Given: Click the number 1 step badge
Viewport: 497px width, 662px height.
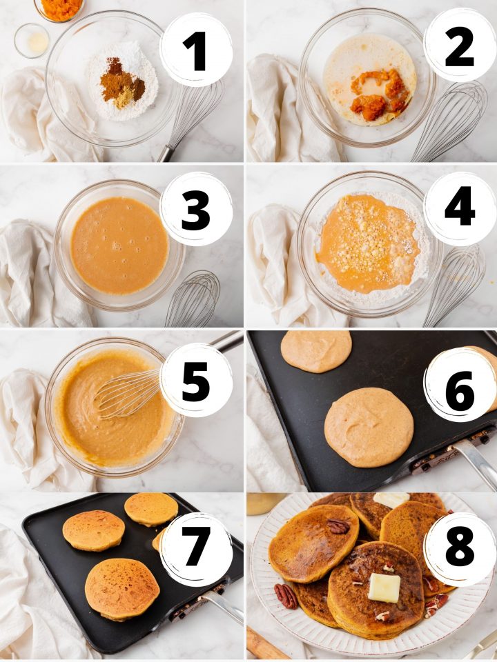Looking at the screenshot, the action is click(x=196, y=50).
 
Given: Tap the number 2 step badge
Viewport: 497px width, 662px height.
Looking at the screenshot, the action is click(x=460, y=46).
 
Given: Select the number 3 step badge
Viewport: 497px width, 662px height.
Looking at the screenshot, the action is click(x=196, y=210).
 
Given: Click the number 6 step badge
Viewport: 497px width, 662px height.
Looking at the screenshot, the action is click(x=460, y=384).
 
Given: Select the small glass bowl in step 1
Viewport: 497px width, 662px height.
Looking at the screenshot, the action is click(x=32, y=41).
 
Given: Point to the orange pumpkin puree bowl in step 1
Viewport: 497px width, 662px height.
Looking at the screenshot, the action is click(x=59, y=9).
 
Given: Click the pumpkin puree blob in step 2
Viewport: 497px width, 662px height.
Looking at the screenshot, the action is click(x=379, y=95).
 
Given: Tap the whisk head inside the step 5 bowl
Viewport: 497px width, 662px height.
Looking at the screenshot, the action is click(x=128, y=392).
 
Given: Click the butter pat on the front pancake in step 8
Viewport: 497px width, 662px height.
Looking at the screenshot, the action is click(x=384, y=588).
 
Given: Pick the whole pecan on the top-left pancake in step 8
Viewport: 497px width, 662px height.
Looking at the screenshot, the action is click(x=338, y=526).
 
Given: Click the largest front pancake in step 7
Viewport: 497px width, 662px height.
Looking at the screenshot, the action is click(x=122, y=590).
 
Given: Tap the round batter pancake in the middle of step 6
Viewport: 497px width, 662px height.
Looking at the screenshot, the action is click(x=369, y=428).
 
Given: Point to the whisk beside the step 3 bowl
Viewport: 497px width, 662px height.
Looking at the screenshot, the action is click(x=193, y=298).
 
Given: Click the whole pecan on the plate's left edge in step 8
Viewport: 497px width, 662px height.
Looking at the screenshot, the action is click(x=286, y=596).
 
